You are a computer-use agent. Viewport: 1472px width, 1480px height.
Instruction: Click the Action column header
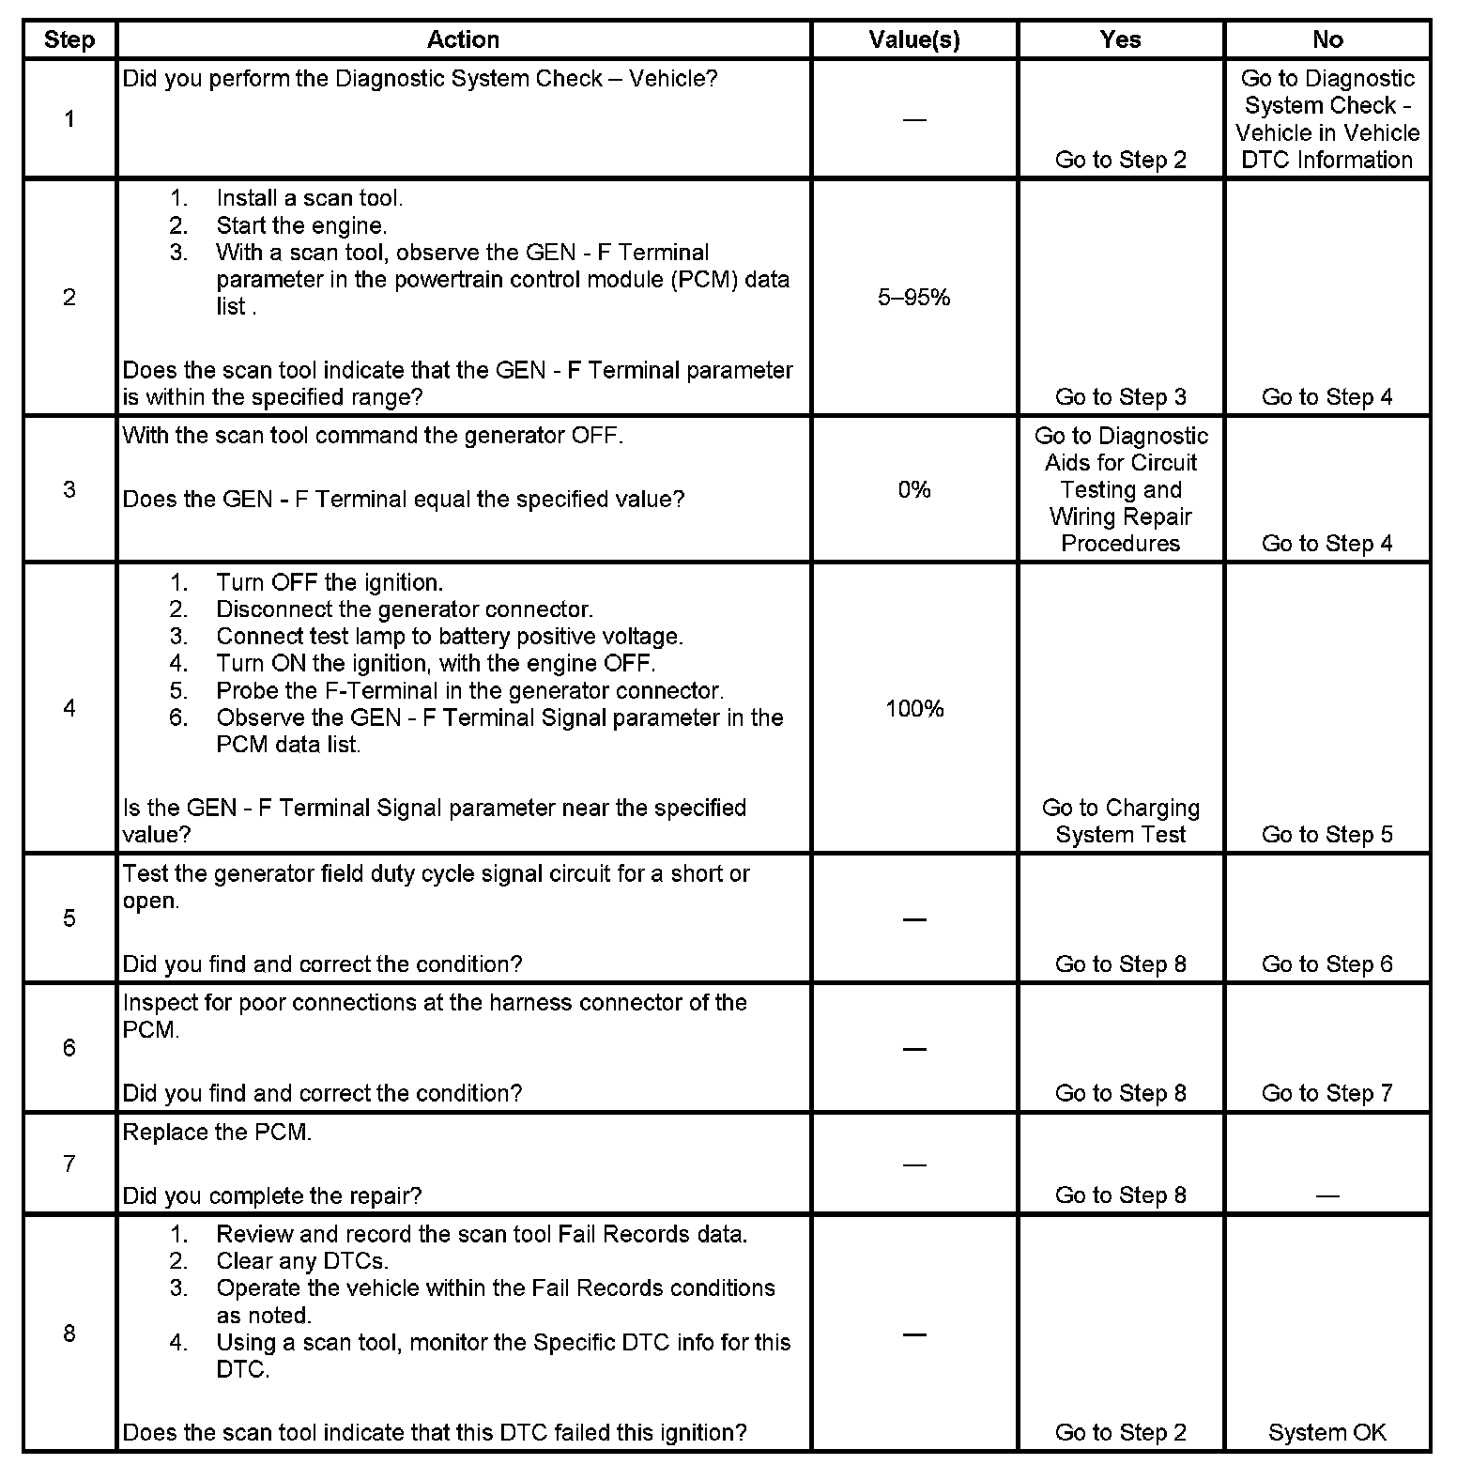[x=463, y=39]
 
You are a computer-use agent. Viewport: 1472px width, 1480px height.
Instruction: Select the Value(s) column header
[x=913, y=39]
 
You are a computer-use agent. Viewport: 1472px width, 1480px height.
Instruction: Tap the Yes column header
[x=1120, y=39]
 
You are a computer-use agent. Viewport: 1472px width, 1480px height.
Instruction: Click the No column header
[x=1326, y=39]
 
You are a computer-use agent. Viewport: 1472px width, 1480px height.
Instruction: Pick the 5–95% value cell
[x=913, y=298]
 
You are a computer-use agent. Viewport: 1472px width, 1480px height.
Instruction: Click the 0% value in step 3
[x=913, y=489]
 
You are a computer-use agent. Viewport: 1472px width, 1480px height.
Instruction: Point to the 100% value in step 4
[x=913, y=709]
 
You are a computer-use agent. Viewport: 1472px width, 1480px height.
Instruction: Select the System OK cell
[x=1326, y=1432]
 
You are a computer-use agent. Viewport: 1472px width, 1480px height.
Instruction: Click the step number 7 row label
[x=69, y=1164]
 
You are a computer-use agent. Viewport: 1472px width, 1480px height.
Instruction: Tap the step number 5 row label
[x=69, y=918]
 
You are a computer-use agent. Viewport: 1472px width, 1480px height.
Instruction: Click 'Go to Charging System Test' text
[x=1120, y=822]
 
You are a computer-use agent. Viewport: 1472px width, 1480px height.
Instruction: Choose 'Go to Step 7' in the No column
[x=1326, y=1093]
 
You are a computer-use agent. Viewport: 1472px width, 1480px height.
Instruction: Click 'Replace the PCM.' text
[x=217, y=1133]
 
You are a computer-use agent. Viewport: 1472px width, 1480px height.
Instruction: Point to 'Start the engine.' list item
[x=301, y=225]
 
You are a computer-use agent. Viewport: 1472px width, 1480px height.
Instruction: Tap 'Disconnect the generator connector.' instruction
[x=405, y=609]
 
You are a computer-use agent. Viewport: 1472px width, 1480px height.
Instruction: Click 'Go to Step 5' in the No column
[x=1326, y=835]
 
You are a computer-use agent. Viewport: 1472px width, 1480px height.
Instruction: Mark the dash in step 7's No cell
[x=1326, y=1196]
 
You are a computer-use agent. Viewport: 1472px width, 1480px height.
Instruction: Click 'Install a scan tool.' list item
[x=309, y=198]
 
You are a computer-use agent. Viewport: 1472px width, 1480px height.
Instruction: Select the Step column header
[x=69, y=39]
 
